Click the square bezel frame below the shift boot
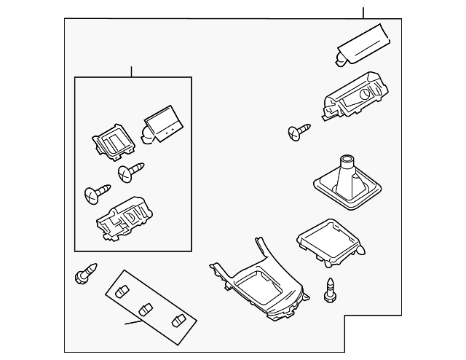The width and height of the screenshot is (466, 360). (x=328, y=241)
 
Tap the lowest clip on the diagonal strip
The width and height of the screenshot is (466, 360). (x=177, y=321)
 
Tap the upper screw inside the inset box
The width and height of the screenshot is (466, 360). (x=130, y=172)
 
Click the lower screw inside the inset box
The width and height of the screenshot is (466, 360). (x=95, y=193)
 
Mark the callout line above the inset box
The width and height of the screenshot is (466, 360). (x=131, y=71)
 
